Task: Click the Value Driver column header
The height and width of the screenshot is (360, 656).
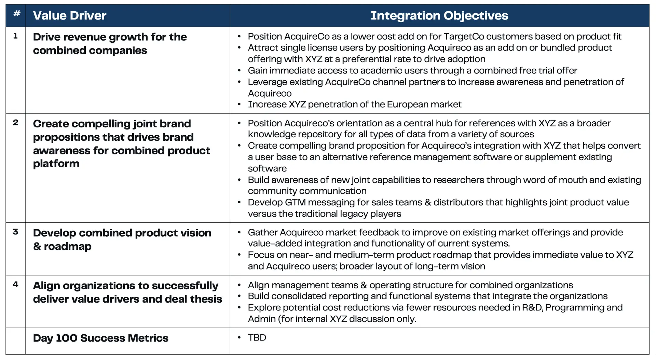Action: (70, 16)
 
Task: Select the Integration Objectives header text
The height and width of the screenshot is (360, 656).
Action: (439, 16)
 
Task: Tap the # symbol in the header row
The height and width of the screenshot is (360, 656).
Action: (16, 14)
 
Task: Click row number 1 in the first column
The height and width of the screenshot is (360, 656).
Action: (15, 36)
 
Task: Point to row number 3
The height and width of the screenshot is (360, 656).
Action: (15, 232)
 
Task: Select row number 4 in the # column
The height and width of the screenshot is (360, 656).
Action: (15, 285)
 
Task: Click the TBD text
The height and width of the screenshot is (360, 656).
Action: (257, 337)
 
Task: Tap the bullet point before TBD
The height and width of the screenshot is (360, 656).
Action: (239, 337)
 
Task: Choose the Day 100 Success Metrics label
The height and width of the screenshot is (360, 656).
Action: (100, 338)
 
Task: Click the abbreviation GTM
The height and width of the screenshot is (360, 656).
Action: (295, 203)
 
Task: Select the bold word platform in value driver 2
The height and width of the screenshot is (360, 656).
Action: (56, 164)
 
